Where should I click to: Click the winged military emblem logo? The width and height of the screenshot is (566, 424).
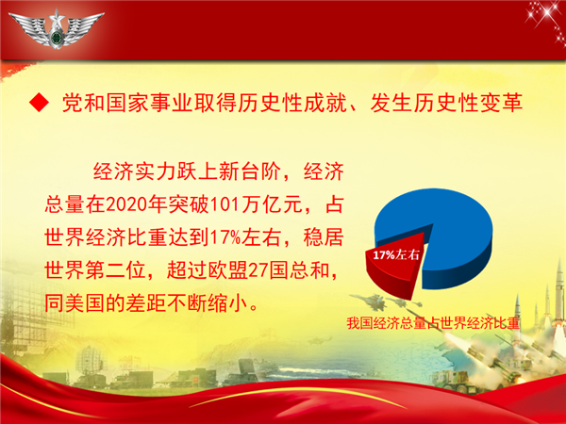tap(57, 28)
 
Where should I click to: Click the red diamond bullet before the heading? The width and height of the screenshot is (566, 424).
tap(39, 103)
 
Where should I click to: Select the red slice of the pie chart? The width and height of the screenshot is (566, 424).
tap(394, 264)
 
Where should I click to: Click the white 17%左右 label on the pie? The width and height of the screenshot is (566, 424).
tap(396, 255)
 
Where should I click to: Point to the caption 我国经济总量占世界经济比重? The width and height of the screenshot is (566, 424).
tap(433, 323)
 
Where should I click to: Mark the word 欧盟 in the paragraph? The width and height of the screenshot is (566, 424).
tap(227, 270)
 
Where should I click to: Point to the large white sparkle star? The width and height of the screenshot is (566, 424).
tap(546, 13)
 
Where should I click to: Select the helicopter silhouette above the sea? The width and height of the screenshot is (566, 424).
tap(319, 340)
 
